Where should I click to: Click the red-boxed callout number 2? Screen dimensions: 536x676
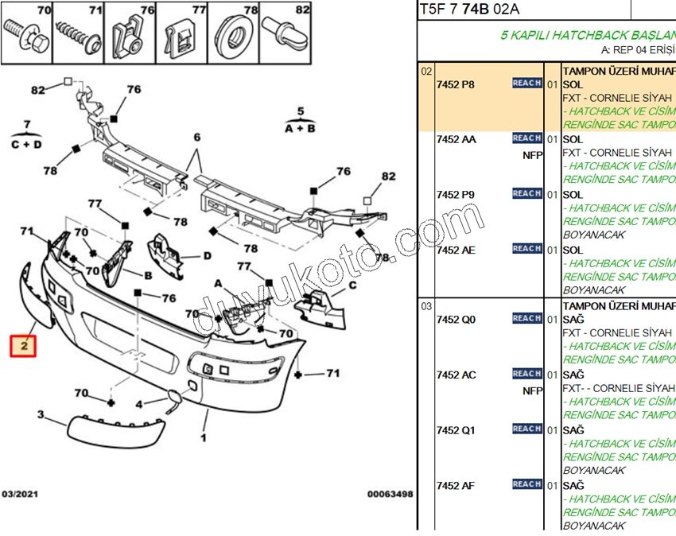pyautogui.click(x=24, y=346)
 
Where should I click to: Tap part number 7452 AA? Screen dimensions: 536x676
pyautogui.click(x=456, y=139)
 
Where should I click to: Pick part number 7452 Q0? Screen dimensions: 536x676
pyautogui.click(x=456, y=319)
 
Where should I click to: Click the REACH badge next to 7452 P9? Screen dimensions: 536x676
pyautogui.click(x=526, y=193)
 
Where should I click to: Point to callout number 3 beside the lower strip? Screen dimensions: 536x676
pyautogui.click(x=40, y=414)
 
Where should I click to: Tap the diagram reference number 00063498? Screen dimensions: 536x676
pyautogui.click(x=390, y=494)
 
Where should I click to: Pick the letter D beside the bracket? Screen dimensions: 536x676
pyautogui.click(x=207, y=256)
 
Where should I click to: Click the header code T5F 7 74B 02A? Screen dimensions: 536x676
pyautogui.click(x=469, y=10)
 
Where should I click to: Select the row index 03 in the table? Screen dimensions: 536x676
pyautogui.click(x=426, y=305)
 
